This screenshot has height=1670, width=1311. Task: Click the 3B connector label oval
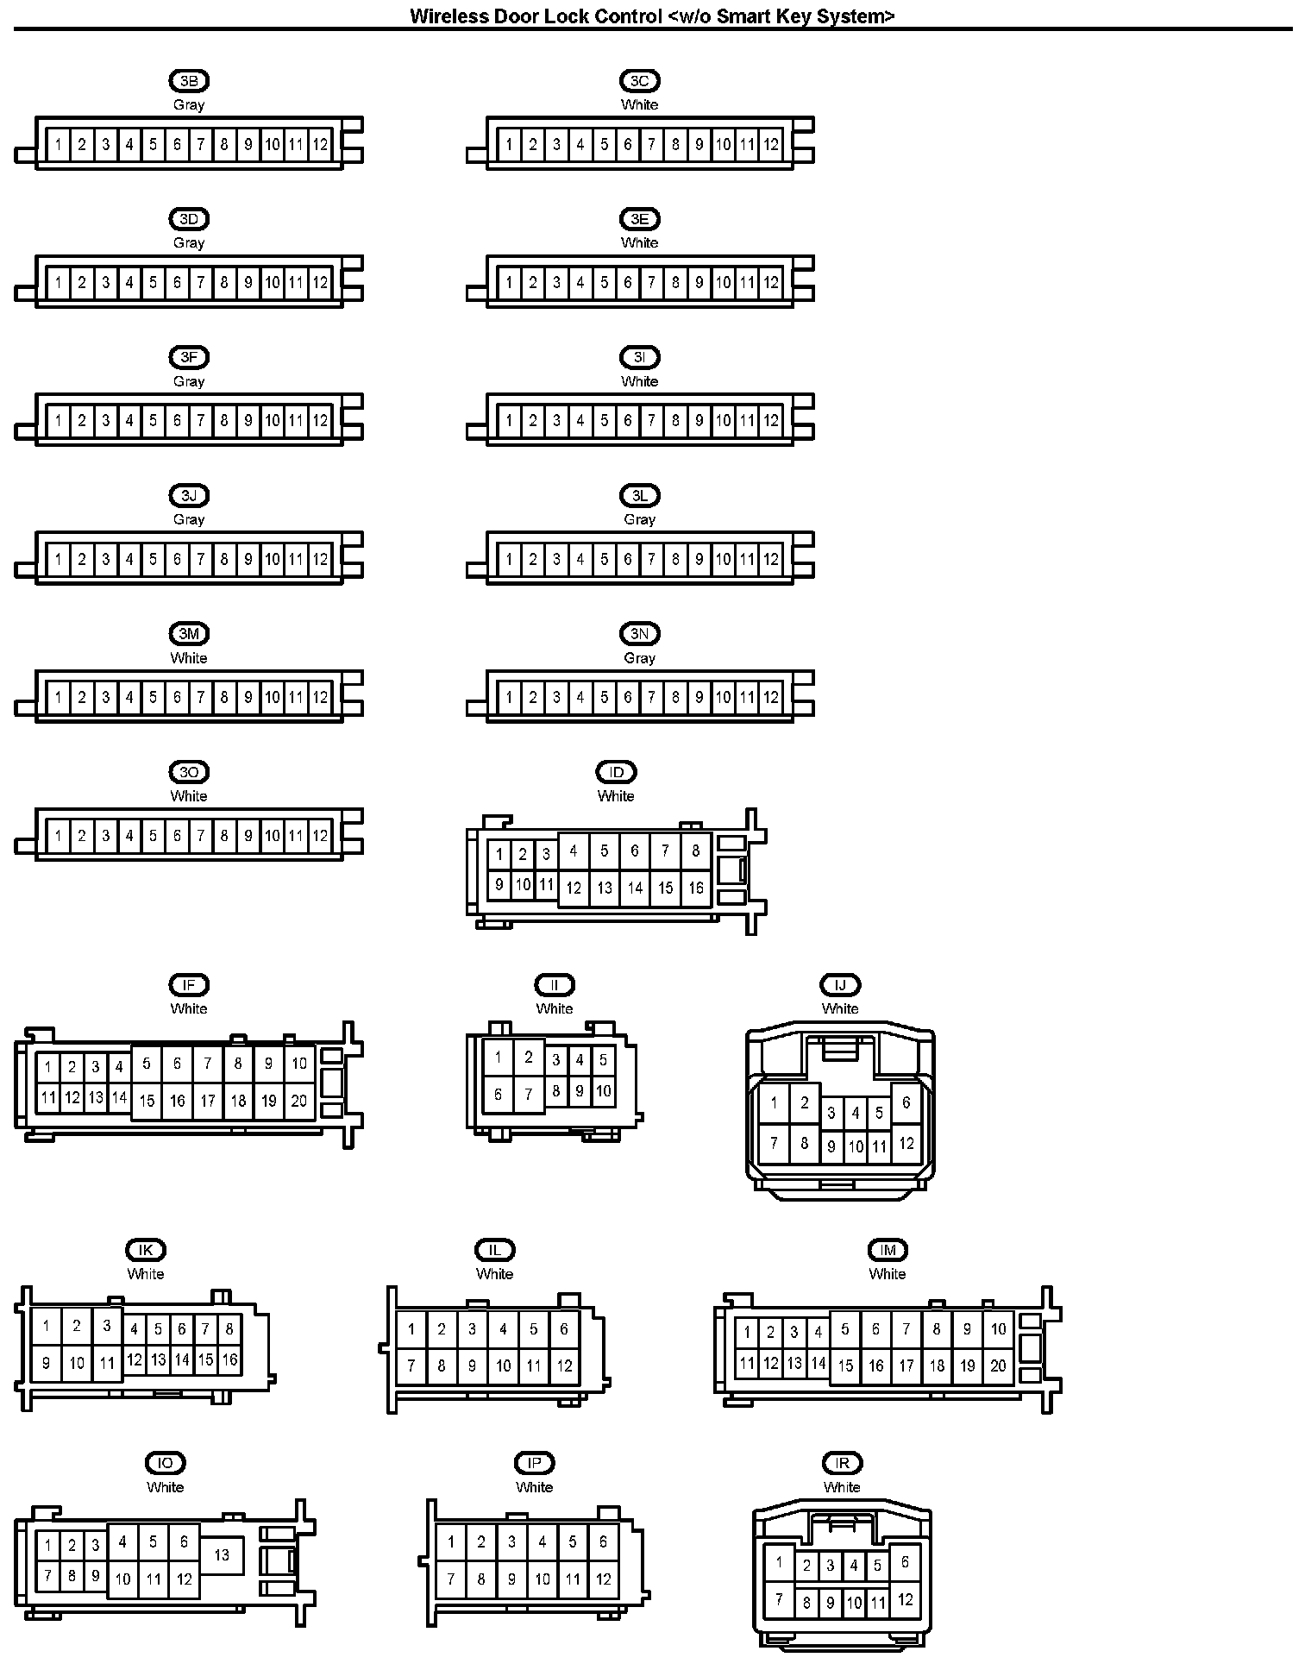click(189, 81)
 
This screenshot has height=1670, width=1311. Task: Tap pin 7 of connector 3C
click(651, 145)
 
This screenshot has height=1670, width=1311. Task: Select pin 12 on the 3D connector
click(320, 282)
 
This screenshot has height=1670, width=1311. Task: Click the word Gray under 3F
click(189, 381)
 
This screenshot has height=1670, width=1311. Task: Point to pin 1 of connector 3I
click(509, 421)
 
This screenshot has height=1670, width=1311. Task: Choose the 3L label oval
click(639, 496)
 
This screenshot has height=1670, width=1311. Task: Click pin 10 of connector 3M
click(272, 698)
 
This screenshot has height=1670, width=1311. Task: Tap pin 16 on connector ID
click(696, 888)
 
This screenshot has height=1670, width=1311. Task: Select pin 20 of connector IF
click(299, 1100)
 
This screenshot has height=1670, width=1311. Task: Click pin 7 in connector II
click(529, 1096)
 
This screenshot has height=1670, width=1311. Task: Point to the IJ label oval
click(840, 985)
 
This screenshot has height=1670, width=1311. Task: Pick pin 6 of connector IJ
click(906, 1102)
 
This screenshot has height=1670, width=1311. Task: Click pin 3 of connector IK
click(107, 1326)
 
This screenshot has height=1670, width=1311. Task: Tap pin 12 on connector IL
click(564, 1366)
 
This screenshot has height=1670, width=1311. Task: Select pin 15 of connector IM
click(845, 1366)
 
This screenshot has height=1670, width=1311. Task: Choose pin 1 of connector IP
click(450, 1541)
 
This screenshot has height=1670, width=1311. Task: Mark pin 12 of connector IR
click(905, 1600)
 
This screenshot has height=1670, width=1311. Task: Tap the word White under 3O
click(189, 796)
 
